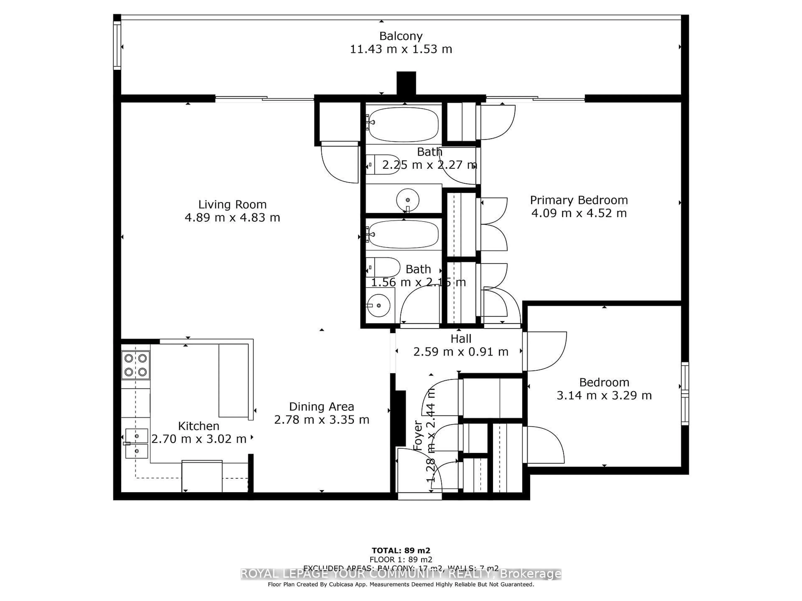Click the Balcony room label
click(401, 36)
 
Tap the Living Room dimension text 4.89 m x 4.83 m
click(232, 218)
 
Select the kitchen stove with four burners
click(135, 365)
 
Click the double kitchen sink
click(136, 443)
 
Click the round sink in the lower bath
click(378, 305)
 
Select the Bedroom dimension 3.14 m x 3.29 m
click(604, 395)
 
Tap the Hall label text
click(461, 339)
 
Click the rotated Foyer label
click(418, 436)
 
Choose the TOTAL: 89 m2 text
click(401, 551)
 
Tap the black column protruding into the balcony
click(406, 83)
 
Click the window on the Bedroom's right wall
click(685, 393)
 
